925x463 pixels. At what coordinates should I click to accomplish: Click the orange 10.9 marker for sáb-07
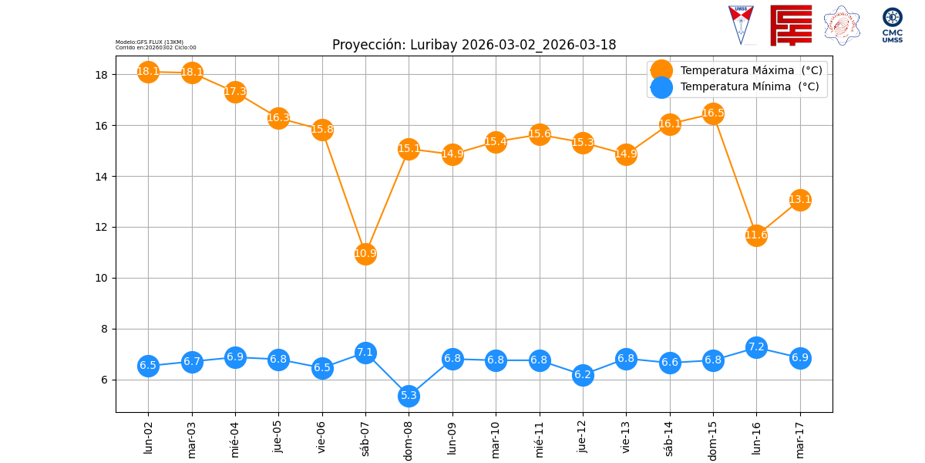click(365, 253)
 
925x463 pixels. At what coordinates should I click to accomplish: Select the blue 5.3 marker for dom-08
click(409, 396)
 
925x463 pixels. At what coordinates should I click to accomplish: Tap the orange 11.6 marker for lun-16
click(756, 235)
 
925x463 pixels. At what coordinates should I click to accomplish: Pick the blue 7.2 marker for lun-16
click(756, 347)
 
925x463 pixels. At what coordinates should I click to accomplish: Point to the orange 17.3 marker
click(235, 92)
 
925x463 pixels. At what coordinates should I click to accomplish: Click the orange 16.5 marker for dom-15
click(713, 113)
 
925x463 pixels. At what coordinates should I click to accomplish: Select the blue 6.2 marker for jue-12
click(583, 375)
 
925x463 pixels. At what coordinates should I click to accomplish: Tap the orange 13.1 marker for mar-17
click(800, 200)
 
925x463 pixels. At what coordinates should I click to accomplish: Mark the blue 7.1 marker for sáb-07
click(365, 353)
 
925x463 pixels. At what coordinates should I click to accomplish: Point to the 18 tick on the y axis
click(104, 75)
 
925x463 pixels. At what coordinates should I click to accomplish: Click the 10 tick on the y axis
click(104, 278)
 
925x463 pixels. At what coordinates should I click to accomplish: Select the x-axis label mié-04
click(236, 439)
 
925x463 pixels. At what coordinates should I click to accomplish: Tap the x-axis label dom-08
click(409, 441)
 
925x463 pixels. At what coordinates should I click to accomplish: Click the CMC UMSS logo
click(893, 25)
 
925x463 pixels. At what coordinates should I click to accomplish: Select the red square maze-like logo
click(791, 25)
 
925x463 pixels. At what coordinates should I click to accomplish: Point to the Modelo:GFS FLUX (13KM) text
click(150, 42)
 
